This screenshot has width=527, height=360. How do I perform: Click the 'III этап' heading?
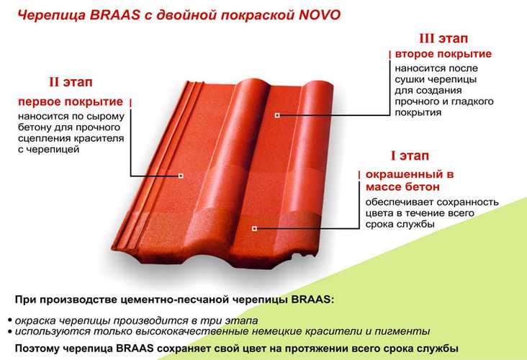point(443,38)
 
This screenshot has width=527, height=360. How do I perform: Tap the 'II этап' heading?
point(71,82)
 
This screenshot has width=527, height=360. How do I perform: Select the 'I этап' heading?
point(410,156)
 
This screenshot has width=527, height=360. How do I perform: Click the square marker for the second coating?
point(277,115)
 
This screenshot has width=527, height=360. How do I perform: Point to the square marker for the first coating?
point(181,176)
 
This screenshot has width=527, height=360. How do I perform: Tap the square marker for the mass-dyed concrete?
point(254,228)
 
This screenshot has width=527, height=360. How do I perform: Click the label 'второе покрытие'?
point(443,54)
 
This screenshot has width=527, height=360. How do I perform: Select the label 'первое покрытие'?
point(71,102)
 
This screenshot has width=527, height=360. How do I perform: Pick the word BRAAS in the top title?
point(114,15)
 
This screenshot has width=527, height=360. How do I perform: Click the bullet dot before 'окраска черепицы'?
point(10,320)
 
